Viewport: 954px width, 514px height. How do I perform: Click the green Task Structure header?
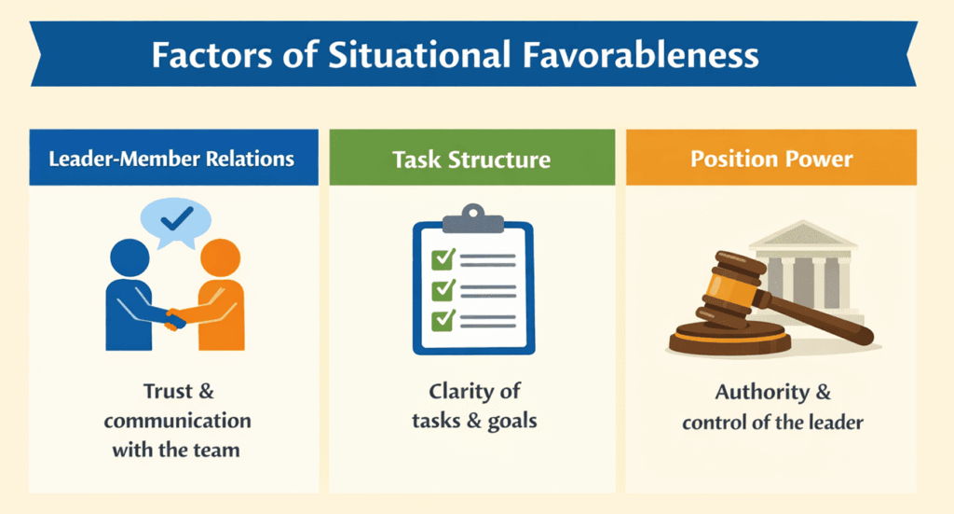point(471,159)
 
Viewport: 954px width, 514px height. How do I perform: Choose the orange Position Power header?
point(771,158)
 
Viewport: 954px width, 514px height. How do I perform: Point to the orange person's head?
point(220,257)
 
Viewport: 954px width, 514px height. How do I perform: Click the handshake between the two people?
point(175,320)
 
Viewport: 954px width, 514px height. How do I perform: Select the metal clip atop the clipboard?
point(472,215)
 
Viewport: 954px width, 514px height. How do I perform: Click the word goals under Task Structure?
point(512,421)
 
